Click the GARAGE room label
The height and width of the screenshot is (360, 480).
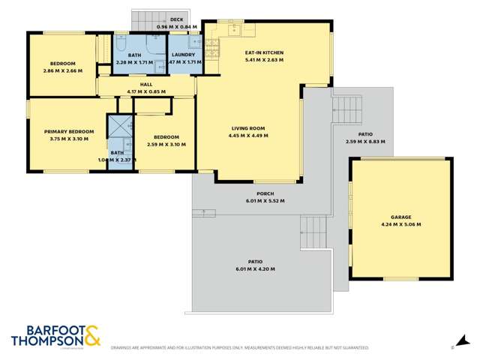[400, 216]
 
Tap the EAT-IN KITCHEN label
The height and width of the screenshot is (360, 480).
[266, 52]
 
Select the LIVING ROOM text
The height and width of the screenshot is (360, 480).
[249, 128]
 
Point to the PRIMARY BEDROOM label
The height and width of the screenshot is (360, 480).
[68, 131]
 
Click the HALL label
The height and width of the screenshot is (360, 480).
[146, 85]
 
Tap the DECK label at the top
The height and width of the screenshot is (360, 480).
[177, 19]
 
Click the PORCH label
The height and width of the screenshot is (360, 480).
[255, 193]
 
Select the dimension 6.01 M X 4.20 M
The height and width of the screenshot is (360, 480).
[255, 268]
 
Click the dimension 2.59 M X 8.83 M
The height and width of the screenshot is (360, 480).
[365, 141]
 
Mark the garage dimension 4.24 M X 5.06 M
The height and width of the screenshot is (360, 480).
[400, 223]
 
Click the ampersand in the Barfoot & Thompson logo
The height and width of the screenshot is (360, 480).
[90, 334]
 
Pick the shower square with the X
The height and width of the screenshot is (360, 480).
[118, 124]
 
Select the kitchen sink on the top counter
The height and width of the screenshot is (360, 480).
[234, 30]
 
